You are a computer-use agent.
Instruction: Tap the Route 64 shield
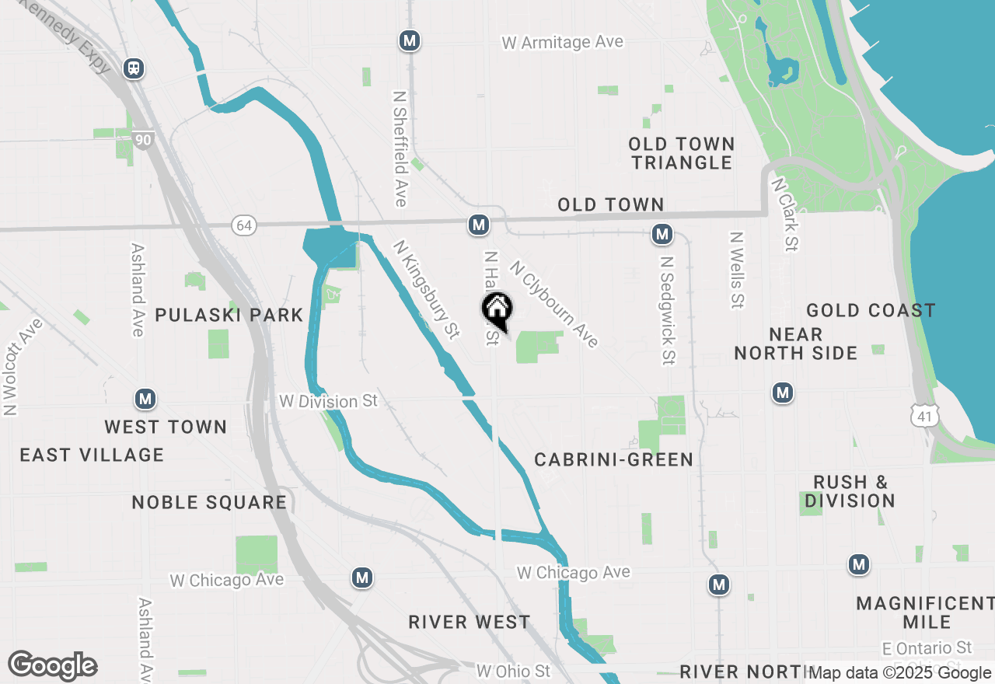pyautogui.click(x=244, y=225)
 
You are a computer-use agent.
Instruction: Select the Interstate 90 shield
pyautogui.click(x=142, y=140)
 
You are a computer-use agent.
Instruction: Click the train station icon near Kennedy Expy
pyautogui.click(x=134, y=68)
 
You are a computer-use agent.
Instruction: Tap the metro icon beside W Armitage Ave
pyautogui.click(x=410, y=41)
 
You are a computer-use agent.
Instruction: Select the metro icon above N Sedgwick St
pyautogui.click(x=662, y=234)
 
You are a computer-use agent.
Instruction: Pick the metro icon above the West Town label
pyautogui.click(x=145, y=400)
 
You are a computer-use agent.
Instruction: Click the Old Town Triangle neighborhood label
pyautogui.click(x=682, y=153)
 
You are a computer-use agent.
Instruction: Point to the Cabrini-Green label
pyautogui.click(x=613, y=459)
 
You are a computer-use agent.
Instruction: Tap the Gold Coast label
pyautogui.click(x=871, y=311)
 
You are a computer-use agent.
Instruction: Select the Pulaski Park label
pyautogui.click(x=229, y=315)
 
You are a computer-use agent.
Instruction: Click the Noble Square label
pyautogui.click(x=209, y=502)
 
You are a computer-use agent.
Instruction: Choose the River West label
pyautogui.click(x=470, y=622)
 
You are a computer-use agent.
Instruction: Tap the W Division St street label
pyautogui.click(x=329, y=402)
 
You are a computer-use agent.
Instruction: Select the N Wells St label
pyautogui.click(x=737, y=269)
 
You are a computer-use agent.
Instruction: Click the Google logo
pyautogui.click(x=52, y=665)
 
